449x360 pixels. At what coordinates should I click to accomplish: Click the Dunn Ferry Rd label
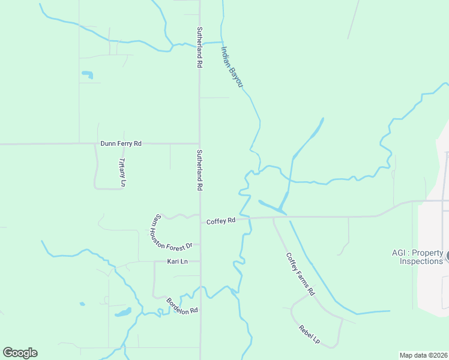121,143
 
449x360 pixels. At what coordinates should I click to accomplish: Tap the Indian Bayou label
231,67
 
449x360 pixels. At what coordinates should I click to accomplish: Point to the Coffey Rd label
220,221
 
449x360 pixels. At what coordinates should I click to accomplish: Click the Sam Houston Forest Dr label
172,233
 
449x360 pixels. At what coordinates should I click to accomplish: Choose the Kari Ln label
177,262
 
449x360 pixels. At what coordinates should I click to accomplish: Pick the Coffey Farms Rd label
300,274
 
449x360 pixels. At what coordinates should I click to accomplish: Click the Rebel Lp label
309,334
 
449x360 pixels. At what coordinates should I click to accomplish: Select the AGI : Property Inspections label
412,257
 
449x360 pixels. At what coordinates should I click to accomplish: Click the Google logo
20,353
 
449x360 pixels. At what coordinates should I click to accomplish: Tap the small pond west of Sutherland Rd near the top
88,75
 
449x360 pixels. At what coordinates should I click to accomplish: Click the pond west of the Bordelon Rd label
122,313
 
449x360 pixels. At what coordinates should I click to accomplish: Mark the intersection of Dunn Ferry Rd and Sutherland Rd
199,143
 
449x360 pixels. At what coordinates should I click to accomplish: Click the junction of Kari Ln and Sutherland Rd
200,262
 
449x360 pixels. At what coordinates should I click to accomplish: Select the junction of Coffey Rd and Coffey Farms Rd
273,218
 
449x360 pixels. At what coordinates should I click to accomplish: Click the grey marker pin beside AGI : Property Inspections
447,256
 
